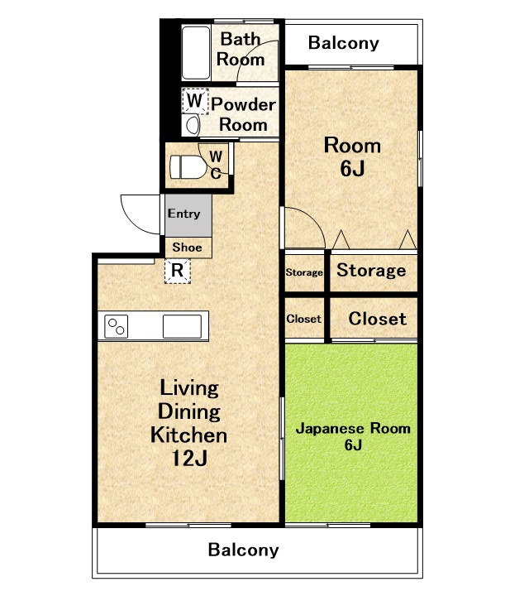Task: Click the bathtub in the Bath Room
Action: click(196, 53)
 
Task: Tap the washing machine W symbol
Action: click(195, 101)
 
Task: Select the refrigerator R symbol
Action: click(177, 271)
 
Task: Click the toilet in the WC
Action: click(188, 167)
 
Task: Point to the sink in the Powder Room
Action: click(192, 125)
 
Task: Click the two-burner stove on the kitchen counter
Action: click(116, 326)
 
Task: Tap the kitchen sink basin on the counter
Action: click(182, 326)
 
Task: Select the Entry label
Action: click(183, 214)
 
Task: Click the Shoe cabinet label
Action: click(187, 248)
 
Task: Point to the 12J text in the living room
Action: click(189, 459)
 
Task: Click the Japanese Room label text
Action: click(353, 429)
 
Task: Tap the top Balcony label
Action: click(343, 43)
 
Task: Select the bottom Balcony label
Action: click(244, 550)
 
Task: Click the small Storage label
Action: click(304, 272)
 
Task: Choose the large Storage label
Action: click(371, 270)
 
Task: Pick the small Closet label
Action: click(304, 319)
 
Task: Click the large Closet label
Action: click(377, 319)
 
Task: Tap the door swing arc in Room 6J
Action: click(313, 219)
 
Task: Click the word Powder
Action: click(244, 104)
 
